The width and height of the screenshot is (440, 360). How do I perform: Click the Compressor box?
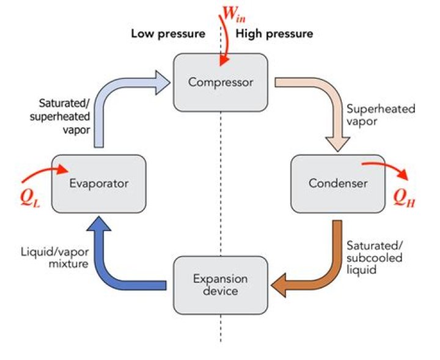[x=221, y=81]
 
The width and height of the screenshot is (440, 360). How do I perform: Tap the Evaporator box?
[x=98, y=183]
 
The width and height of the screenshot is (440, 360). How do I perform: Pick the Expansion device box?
[x=221, y=285]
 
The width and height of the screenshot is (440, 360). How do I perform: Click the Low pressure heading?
[x=168, y=34]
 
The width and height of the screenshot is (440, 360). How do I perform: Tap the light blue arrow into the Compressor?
[x=122, y=92]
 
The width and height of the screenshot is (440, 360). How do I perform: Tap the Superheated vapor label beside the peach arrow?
[x=380, y=116]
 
